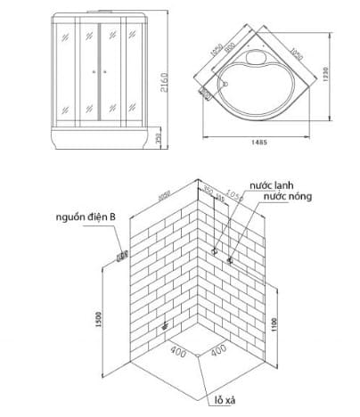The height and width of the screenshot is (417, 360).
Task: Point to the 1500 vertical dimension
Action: (100, 316)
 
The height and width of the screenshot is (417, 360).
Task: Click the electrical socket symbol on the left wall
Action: (119, 256)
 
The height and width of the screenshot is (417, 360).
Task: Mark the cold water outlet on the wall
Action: (214, 251)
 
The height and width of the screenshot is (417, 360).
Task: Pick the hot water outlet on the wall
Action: (230, 260)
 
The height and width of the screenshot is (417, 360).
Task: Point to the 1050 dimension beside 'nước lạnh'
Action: (234, 195)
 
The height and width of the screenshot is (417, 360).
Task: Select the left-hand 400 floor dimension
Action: (177, 351)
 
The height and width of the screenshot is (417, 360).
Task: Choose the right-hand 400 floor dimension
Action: (218, 351)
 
